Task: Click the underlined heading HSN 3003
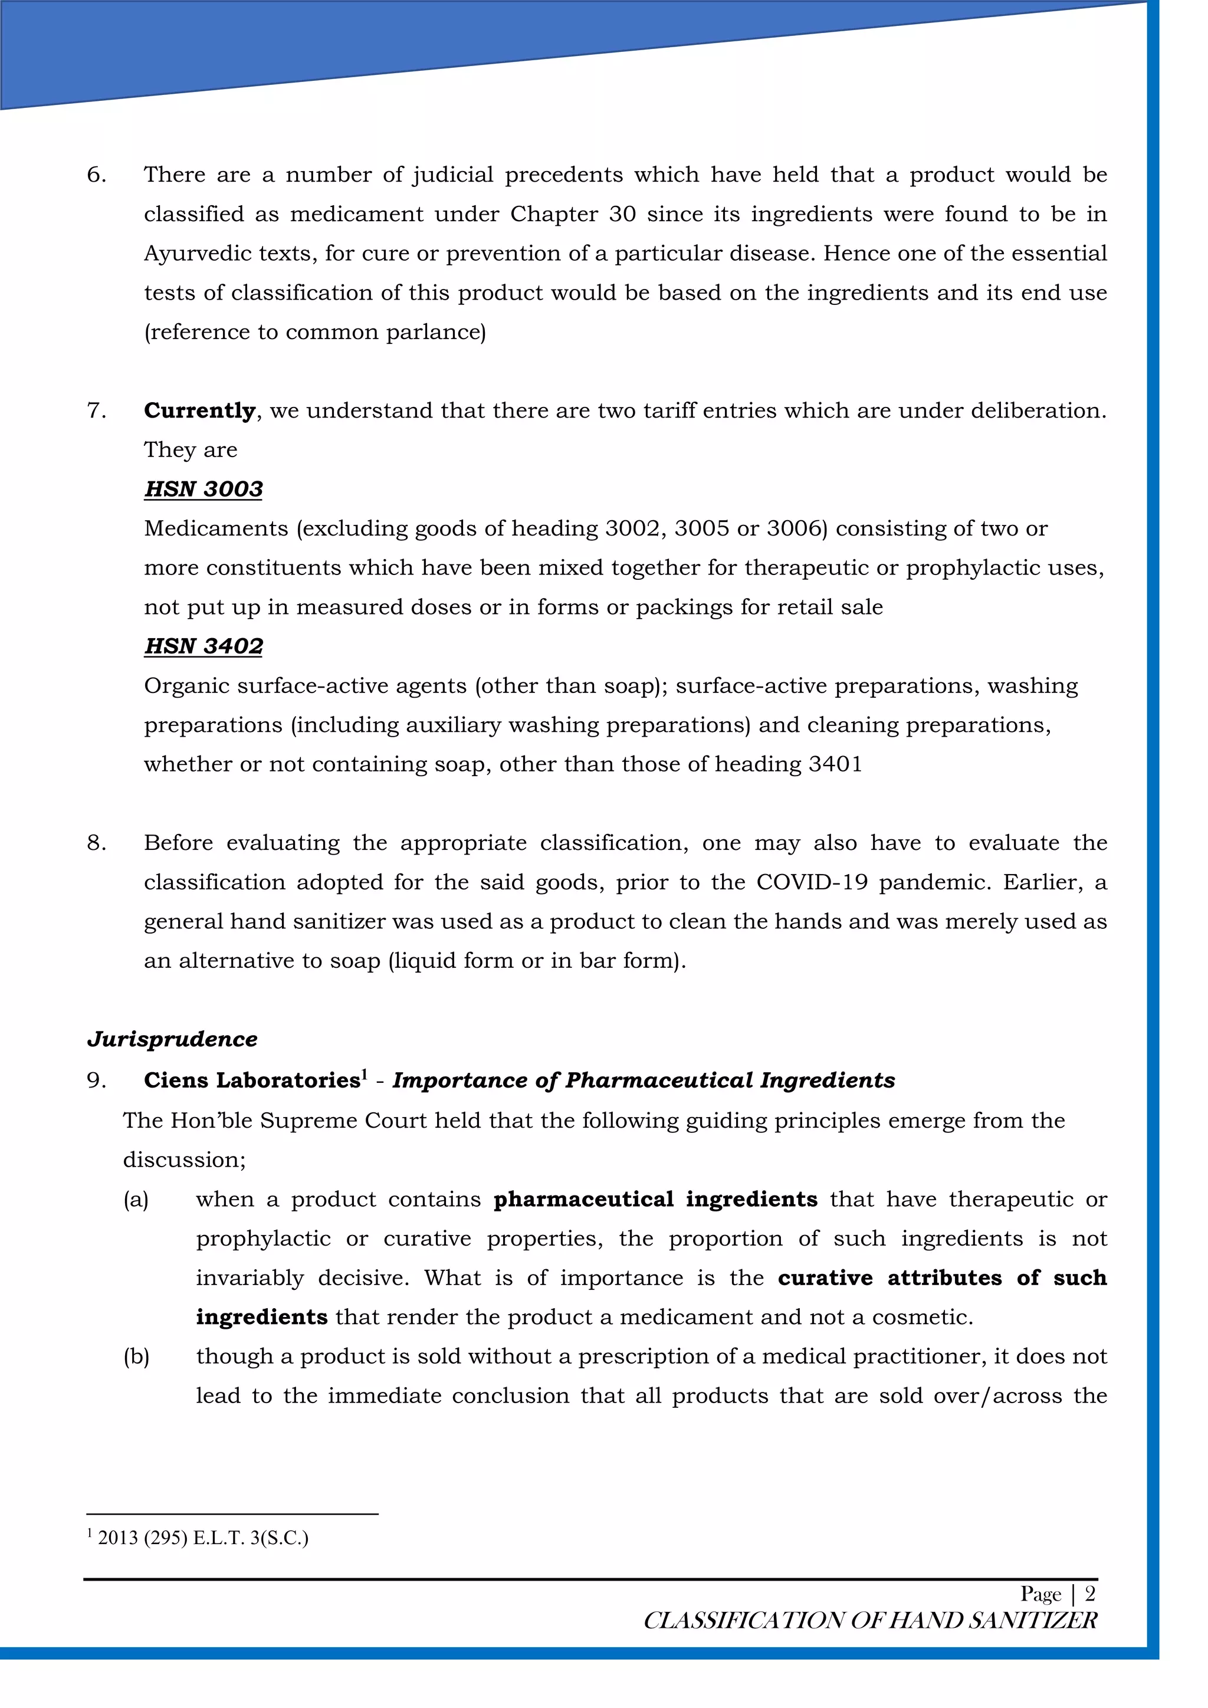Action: tap(203, 489)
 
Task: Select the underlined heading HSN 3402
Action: tap(203, 646)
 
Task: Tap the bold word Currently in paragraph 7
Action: tap(199, 410)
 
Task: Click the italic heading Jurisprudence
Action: tap(172, 1039)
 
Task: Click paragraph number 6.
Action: tap(96, 175)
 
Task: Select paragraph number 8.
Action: tap(96, 843)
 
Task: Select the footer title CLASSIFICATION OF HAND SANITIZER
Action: tap(869, 1620)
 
